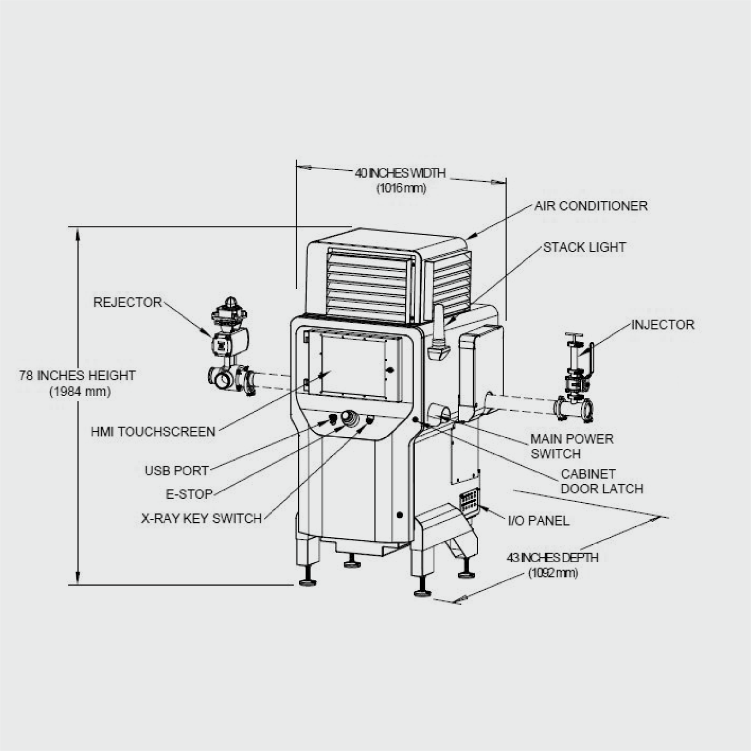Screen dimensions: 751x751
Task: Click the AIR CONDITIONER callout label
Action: [591, 206]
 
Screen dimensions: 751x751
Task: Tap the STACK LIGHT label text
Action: [584, 247]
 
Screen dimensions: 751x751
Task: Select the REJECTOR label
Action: [127, 302]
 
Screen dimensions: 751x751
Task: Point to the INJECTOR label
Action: [663, 325]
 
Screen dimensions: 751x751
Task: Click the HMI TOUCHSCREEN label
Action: [153, 432]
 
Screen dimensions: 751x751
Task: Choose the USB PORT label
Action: [177, 471]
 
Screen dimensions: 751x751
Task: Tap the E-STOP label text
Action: [189, 494]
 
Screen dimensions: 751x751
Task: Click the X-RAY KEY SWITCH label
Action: [201, 518]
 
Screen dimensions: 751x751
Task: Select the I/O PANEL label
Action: [539, 521]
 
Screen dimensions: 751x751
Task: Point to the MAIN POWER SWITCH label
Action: [572, 446]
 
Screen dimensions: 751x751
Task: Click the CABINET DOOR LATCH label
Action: [601, 481]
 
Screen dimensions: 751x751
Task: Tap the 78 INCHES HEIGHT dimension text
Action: [77, 375]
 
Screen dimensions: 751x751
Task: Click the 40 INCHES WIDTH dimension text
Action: [400, 173]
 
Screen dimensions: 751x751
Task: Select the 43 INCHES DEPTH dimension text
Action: [552, 558]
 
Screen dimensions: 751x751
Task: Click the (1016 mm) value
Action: [401, 188]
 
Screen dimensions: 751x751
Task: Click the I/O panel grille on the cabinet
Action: [468, 501]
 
